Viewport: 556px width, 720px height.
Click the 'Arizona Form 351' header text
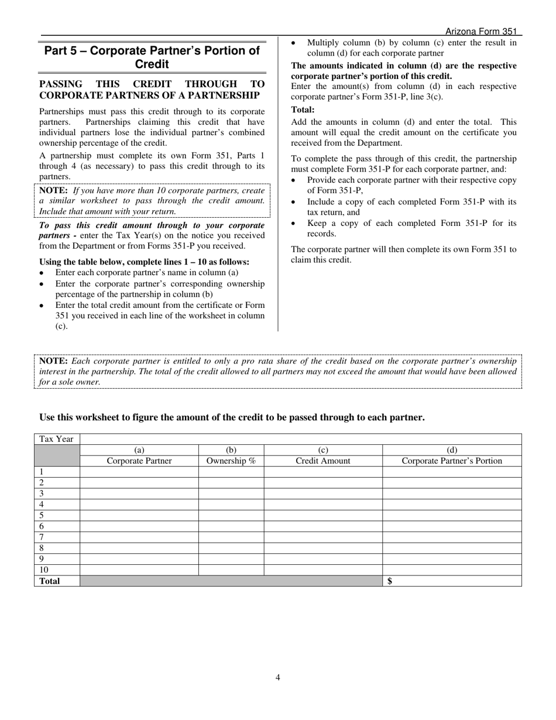click(x=481, y=32)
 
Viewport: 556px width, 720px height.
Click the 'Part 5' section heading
click(x=152, y=57)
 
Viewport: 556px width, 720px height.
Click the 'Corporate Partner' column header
click(x=139, y=461)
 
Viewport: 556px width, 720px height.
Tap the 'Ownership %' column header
click(x=231, y=461)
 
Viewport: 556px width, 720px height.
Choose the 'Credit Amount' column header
click(x=323, y=461)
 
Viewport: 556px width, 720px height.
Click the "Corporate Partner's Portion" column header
click(x=452, y=461)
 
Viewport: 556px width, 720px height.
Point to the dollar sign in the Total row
click(x=390, y=581)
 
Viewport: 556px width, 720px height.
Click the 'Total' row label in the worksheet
click(x=50, y=581)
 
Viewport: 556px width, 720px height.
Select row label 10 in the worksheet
click(x=44, y=570)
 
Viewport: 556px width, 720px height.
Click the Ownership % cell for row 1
click(x=231, y=472)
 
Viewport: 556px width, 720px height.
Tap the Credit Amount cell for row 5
click(x=323, y=516)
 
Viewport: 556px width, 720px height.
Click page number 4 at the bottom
click(x=278, y=678)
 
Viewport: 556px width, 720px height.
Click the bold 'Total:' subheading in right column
click(x=303, y=109)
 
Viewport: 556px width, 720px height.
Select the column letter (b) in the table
click(x=231, y=450)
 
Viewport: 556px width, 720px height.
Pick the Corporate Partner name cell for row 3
click(x=139, y=493)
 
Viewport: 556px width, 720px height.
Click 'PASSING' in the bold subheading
click(x=60, y=84)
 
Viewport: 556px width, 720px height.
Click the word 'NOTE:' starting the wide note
click(x=53, y=361)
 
